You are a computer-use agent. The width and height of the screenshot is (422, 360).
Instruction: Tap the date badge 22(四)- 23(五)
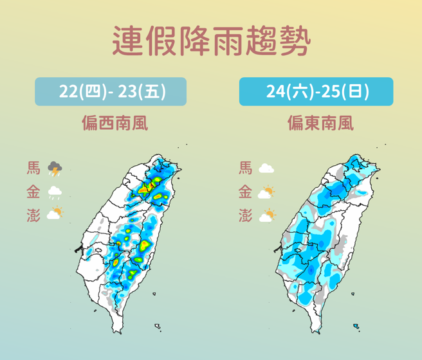(x=111, y=92)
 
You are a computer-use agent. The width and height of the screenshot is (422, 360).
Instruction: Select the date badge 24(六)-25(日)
(x=316, y=92)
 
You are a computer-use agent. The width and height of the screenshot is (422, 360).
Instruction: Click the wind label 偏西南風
(x=115, y=123)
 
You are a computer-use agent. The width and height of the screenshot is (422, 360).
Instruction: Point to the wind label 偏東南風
(x=320, y=123)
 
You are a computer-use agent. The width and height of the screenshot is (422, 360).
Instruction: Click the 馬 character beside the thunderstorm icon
(x=33, y=169)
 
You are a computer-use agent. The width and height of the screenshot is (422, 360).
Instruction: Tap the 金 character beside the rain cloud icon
(x=33, y=192)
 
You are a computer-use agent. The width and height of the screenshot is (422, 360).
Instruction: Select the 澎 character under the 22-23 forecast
(x=33, y=215)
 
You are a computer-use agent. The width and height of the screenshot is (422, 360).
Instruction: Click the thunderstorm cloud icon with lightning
(x=55, y=170)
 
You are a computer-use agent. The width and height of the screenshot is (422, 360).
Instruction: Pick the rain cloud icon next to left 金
(x=55, y=192)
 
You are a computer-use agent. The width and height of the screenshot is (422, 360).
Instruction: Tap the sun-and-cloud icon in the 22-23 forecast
(x=55, y=214)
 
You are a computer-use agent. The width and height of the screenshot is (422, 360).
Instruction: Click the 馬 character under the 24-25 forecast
(x=245, y=169)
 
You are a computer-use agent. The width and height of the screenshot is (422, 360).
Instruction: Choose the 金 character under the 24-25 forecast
(x=245, y=192)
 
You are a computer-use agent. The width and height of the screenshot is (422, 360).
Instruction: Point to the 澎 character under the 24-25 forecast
(x=245, y=215)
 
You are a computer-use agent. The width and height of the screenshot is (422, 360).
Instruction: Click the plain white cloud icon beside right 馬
(x=266, y=170)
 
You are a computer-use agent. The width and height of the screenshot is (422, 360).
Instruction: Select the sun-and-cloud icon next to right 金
(x=266, y=192)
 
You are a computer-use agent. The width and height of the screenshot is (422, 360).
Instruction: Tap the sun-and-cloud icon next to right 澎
(x=266, y=215)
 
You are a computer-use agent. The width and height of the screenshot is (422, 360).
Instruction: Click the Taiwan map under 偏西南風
(x=132, y=238)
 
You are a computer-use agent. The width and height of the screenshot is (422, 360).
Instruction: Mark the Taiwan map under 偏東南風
(x=331, y=238)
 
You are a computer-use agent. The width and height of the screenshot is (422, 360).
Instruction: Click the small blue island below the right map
(x=356, y=327)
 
